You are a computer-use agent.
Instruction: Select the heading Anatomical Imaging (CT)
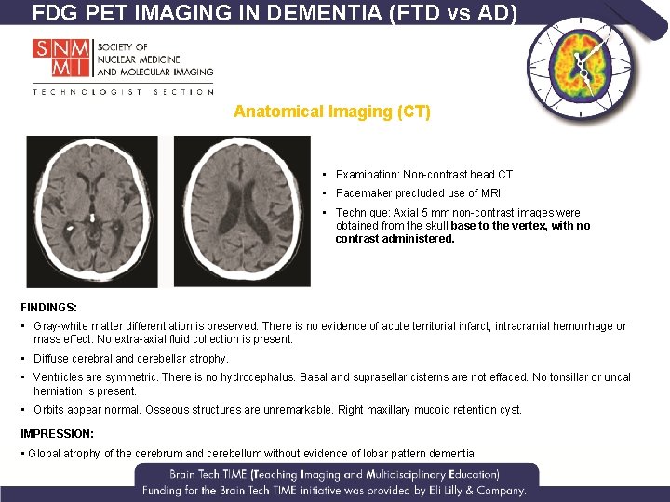332,112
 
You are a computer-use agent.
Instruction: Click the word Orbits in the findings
49,410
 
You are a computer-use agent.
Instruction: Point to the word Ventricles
60,377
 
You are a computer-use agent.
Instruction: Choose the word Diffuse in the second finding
50,359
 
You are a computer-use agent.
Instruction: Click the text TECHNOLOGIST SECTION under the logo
123,91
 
